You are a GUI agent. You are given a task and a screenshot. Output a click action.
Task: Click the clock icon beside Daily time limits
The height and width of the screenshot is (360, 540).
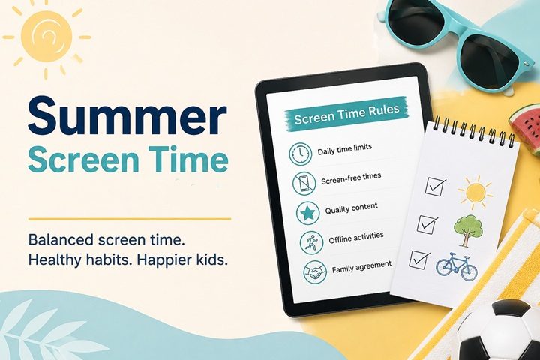tap(300, 153)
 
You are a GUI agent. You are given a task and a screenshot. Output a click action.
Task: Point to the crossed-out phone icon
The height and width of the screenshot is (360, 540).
tap(304, 182)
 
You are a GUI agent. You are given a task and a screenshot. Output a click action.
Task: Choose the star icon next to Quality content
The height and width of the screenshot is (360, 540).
tap(308, 213)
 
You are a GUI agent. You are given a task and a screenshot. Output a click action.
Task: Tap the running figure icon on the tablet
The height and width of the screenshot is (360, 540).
tap(311, 242)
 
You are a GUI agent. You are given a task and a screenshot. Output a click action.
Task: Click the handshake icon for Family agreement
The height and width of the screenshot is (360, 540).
tap(315, 271)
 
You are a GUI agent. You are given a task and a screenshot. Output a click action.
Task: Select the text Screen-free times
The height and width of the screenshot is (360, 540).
tap(351, 178)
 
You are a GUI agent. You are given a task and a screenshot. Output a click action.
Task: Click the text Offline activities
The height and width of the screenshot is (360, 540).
tap(356, 237)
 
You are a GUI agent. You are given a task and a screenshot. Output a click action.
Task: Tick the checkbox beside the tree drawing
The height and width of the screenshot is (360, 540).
tap(426, 224)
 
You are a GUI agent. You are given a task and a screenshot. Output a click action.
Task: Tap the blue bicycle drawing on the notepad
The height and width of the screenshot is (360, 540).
tap(457, 265)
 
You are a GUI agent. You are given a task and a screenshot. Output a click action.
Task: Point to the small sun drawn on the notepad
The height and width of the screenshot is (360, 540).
tap(475, 193)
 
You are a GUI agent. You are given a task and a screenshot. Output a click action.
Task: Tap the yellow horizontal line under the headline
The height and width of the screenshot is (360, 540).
tap(130, 219)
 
